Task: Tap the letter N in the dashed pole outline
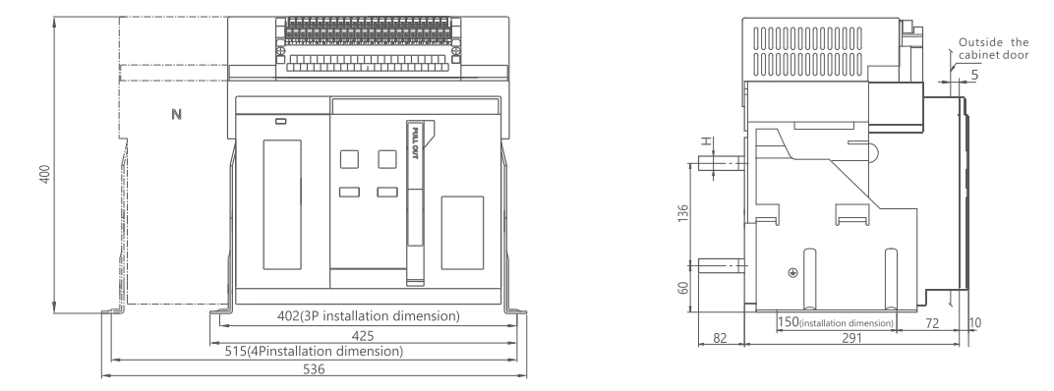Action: click(176, 114)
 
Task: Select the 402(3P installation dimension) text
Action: click(369, 315)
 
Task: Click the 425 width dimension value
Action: click(363, 335)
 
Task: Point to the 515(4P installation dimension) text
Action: click(314, 351)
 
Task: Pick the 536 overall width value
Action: click(314, 368)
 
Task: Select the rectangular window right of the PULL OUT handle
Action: click(462, 233)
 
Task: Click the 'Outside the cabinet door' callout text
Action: click(993, 48)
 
